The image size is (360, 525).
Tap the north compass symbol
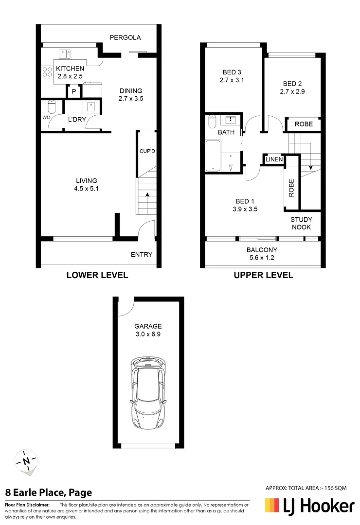27,461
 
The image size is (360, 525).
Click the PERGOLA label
125,37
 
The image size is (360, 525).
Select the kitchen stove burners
47,72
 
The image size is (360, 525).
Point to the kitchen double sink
65,53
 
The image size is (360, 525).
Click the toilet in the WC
52,107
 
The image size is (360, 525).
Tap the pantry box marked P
73,91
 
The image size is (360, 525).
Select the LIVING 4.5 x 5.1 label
86,185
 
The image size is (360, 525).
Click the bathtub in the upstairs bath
213,156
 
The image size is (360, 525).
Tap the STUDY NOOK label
302,223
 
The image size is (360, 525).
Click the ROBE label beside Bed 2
304,124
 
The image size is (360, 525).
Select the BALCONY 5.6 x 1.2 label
262,254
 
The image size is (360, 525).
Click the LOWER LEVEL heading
97,275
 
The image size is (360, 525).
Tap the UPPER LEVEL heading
263,275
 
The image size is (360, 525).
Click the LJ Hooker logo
309,507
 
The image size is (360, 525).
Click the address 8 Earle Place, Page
48,492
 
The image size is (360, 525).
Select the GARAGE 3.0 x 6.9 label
148,330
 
